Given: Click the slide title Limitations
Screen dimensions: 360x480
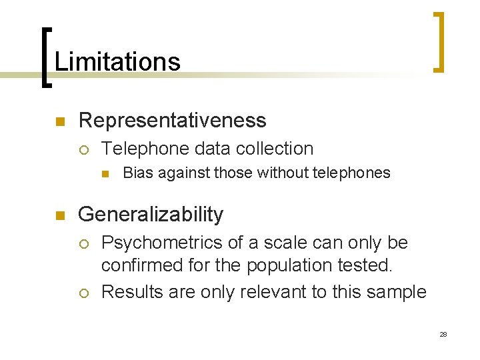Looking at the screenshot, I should (117, 62).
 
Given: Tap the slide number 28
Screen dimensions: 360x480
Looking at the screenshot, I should (443, 334).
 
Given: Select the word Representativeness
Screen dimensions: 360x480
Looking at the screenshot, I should (172, 120).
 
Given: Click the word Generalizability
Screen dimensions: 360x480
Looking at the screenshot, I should (151, 215).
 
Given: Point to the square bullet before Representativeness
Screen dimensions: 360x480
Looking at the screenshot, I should (59, 121).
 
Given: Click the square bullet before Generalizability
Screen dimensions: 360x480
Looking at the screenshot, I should (59, 215).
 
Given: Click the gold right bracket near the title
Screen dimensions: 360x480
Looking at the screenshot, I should (439, 41).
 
